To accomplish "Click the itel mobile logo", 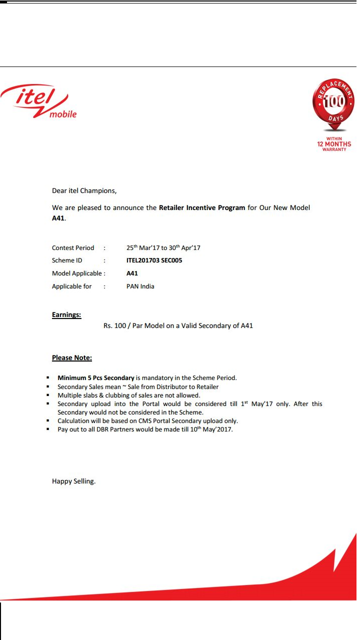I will click(39, 101).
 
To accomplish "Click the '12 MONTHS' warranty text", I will click(334, 144).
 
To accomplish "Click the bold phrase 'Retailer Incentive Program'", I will click(202, 207).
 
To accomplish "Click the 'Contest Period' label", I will click(73, 248).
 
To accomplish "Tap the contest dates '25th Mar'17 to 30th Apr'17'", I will click(163, 247).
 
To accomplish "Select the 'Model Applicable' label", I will click(77, 273).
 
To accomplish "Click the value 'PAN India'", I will click(140, 286).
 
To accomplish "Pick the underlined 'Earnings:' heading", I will click(66, 315).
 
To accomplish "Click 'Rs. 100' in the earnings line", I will click(114, 326).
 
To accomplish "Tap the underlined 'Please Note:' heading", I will click(72, 358).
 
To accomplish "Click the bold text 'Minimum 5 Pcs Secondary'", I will click(96, 378).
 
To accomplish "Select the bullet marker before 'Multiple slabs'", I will click(47, 395).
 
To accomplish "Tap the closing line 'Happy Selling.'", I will click(73, 481).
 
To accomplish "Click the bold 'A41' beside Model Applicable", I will click(132, 273).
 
